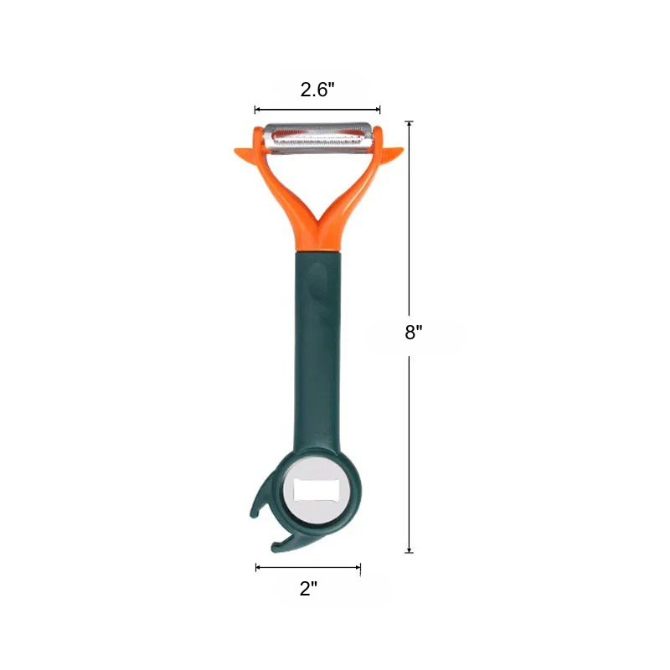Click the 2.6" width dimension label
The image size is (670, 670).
tap(317, 90)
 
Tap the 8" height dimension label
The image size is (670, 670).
tap(413, 332)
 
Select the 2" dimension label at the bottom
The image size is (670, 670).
tap(308, 589)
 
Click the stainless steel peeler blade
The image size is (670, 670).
tap(318, 137)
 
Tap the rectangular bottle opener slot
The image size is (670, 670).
tap(317, 490)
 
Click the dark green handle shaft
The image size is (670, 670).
tap(317, 350)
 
